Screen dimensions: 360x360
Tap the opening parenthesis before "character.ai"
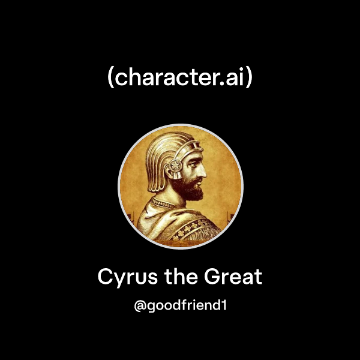coord(110,79)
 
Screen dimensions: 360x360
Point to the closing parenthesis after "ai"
coord(249,79)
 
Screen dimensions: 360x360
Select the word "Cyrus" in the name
coord(122,277)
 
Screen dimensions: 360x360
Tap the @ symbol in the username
coord(140,306)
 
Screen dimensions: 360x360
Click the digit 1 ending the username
coord(223,306)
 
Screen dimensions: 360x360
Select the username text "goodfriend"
coord(184,306)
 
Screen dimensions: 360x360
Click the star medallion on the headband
coord(176,165)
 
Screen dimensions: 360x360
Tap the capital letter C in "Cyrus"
coord(105,277)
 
